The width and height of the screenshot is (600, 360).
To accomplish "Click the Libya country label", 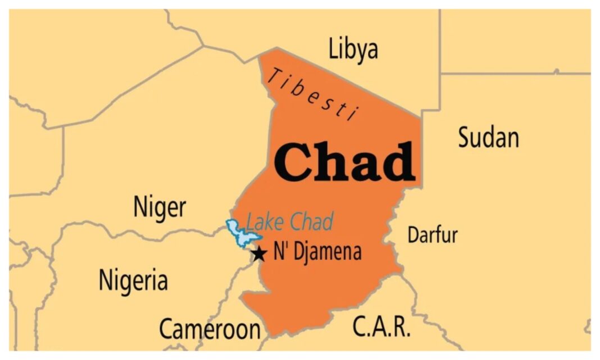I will coord(353,49).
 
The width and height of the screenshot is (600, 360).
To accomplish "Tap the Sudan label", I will coord(488,137).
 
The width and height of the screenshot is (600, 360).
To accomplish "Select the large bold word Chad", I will coord(345,163).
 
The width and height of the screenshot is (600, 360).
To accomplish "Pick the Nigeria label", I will coord(133,279).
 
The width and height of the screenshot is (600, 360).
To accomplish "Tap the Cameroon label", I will coord(210,329).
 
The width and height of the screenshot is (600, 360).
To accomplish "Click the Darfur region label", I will coord(432,235).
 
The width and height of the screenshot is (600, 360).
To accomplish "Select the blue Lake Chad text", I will coord(290,222).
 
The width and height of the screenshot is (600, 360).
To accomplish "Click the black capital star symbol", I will coord(258,254).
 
